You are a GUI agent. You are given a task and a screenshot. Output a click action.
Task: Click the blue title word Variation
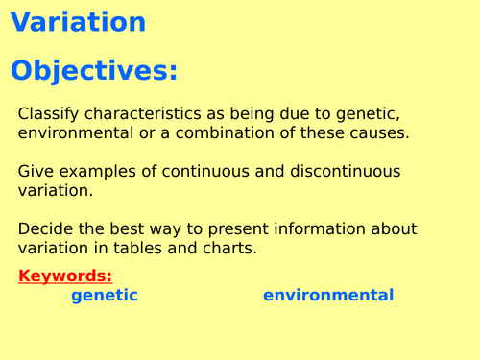(x=78, y=22)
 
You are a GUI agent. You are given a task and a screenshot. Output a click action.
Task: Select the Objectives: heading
(x=94, y=72)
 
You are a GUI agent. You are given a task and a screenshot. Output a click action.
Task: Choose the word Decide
(x=45, y=228)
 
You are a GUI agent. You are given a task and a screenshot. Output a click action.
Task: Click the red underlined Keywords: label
(x=65, y=276)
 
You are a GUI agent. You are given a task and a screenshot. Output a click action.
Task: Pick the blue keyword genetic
(x=105, y=296)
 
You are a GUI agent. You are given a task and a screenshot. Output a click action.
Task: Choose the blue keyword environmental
(x=328, y=296)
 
